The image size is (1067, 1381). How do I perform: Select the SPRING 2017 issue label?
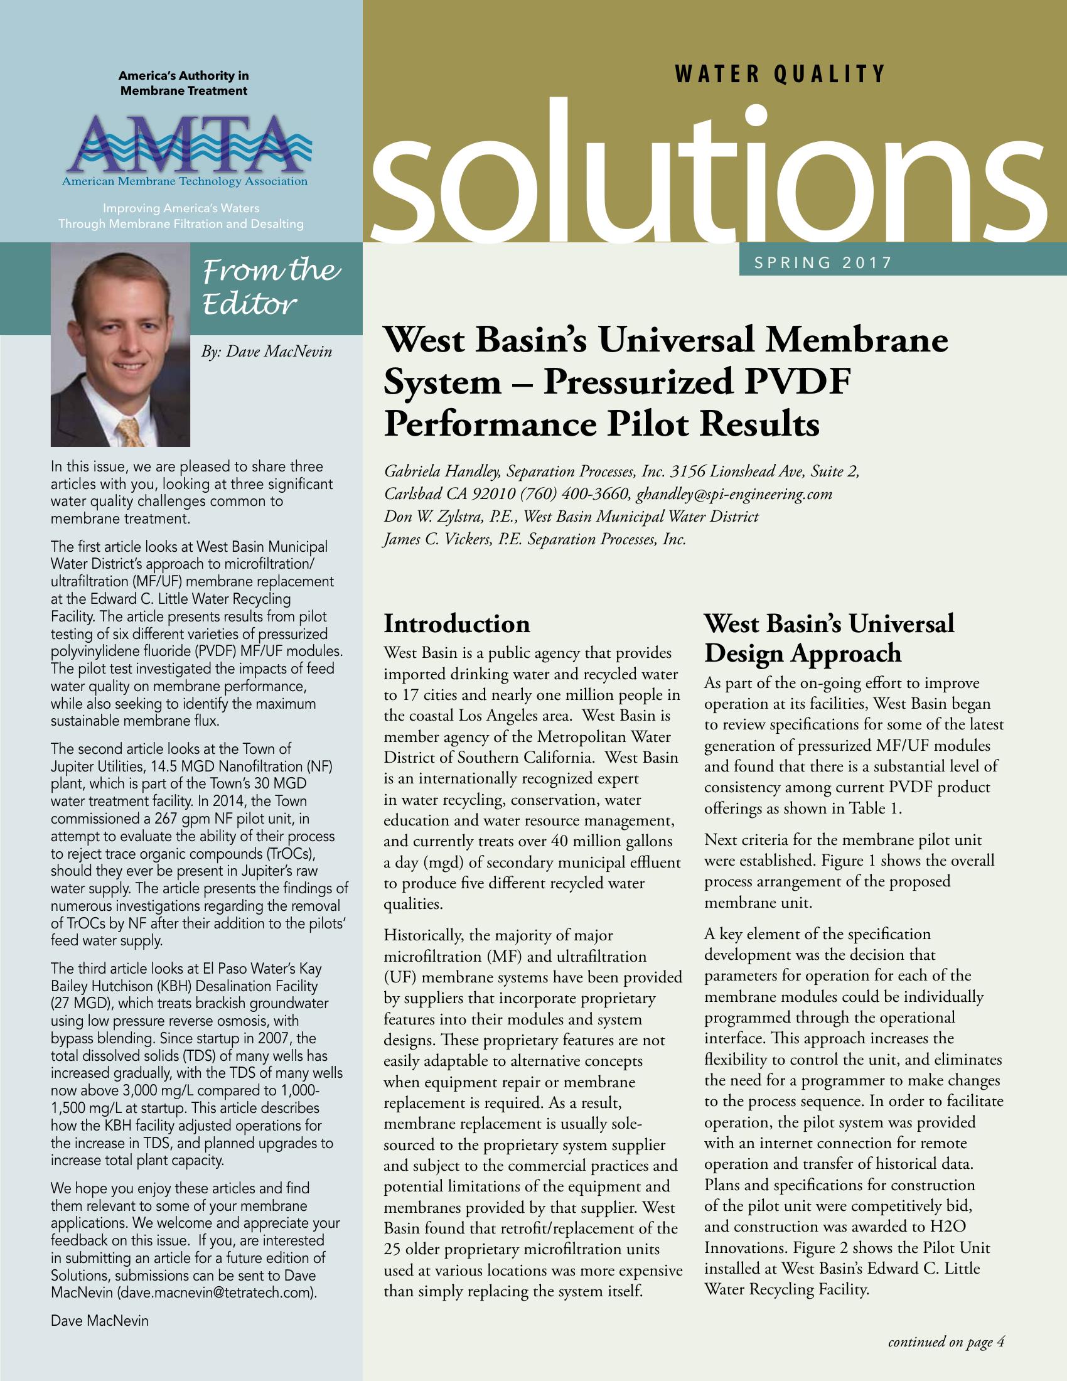(x=822, y=262)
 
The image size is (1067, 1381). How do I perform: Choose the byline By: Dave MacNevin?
(x=266, y=351)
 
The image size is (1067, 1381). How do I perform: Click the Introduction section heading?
(x=457, y=623)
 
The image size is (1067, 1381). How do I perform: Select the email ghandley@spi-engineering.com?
(x=734, y=494)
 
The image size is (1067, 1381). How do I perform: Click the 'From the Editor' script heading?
(x=271, y=286)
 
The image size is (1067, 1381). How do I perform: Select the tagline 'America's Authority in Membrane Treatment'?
(x=184, y=83)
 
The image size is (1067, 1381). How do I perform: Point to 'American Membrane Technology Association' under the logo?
(x=185, y=182)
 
